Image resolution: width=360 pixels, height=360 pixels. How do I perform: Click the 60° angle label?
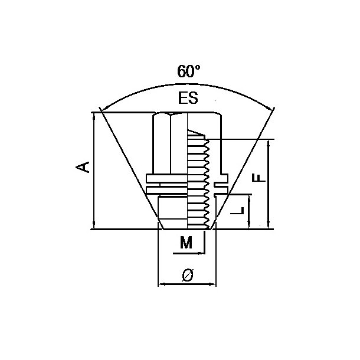click(x=188, y=72)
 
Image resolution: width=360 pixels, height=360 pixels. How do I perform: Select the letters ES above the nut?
click(x=187, y=99)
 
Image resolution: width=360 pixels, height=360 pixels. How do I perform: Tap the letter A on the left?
click(x=85, y=166)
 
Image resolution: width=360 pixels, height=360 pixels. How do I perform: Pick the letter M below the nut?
click(x=186, y=242)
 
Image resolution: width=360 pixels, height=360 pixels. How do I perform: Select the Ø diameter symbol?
click(x=187, y=274)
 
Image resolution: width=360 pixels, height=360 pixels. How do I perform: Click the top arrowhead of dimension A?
click(x=94, y=116)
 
